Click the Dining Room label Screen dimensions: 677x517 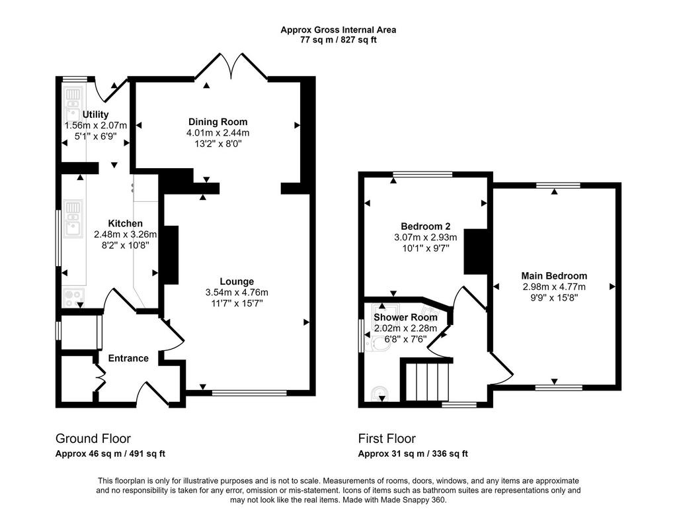click(218, 122)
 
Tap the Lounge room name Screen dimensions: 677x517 click(237, 281)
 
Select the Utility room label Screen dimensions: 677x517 click(95, 115)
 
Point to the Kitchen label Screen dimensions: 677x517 click(125, 224)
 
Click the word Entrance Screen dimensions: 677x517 click(128, 358)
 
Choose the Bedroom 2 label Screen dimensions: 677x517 click(425, 226)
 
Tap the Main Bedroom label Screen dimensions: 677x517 click(554, 276)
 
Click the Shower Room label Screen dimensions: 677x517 click(405, 317)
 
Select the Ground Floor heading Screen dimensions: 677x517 click(93, 439)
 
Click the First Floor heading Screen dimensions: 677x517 click(387, 439)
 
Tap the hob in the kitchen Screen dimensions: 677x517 click(73, 297)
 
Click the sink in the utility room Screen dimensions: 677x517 click(73, 105)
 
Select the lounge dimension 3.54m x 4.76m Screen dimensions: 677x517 click(237, 293)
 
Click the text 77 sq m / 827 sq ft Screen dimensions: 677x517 click(338, 40)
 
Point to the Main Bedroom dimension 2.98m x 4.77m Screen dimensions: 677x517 click(554, 287)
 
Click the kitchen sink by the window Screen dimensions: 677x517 click(73, 218)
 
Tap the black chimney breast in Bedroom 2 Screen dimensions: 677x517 click(475, 251)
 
